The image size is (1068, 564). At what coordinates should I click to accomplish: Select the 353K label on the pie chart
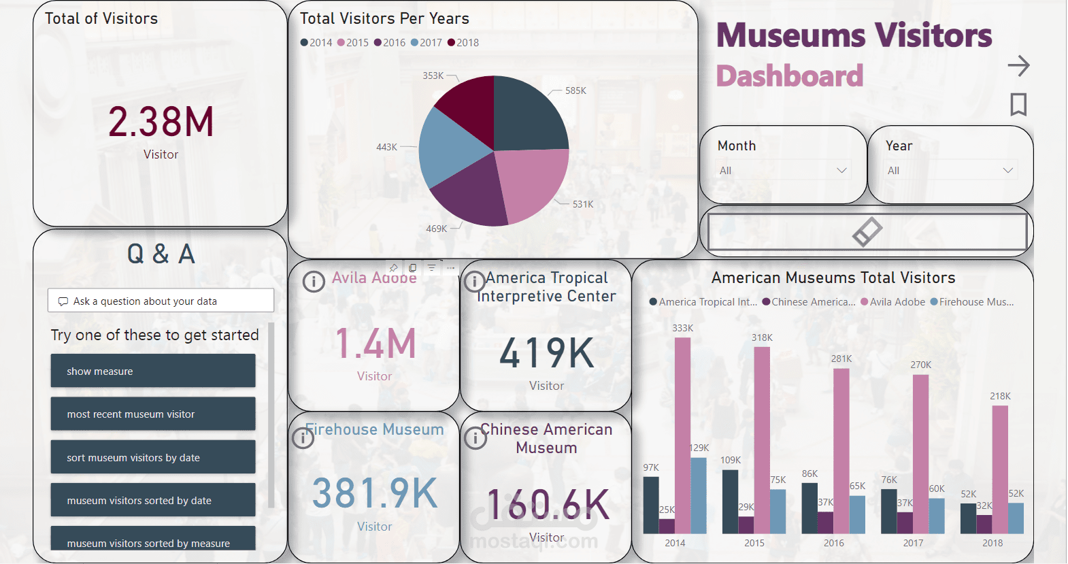tap(433, 76)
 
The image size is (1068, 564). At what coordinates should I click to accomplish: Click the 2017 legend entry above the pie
tap(427, 43)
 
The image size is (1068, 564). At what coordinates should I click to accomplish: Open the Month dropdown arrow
tap(841, 170)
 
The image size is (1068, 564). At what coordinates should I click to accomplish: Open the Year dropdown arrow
tap(1008, 170)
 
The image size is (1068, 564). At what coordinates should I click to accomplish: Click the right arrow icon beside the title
tap(1018, 66)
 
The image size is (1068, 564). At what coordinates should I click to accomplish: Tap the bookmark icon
tap(1018, 105)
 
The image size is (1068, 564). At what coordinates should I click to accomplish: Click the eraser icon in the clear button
tap(867, 231)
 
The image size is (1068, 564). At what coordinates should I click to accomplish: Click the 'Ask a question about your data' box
tap(161, 301)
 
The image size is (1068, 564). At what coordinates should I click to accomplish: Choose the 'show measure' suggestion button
tap(153, 371)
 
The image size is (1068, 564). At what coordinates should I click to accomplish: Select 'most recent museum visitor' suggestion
tap(153, 414)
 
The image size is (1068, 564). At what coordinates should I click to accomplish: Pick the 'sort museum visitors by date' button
tap(153, 457)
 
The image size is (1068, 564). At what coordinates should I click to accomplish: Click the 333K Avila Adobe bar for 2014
tap(682, 435)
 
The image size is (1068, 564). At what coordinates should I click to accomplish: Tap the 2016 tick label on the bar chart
tap(833, 543)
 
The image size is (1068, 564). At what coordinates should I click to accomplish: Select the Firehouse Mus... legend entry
tap(972, 302)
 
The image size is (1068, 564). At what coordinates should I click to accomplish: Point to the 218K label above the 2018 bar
tap(1000, 396)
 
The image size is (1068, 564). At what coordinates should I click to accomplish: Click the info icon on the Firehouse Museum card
tap(303, 438)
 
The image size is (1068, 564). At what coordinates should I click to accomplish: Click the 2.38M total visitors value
tap(161, 122)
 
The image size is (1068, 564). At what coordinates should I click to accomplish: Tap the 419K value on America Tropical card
tap(547, 353)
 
